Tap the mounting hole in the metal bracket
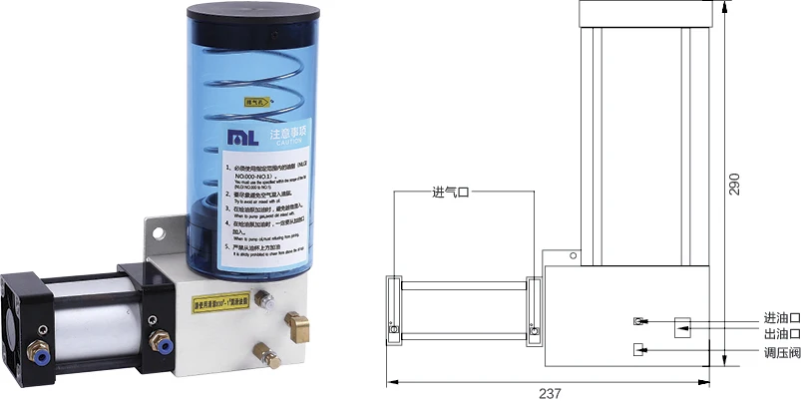[x=156, y=234]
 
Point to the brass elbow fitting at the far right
[x=297, y=321]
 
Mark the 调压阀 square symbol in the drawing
[x=640, y=349]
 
